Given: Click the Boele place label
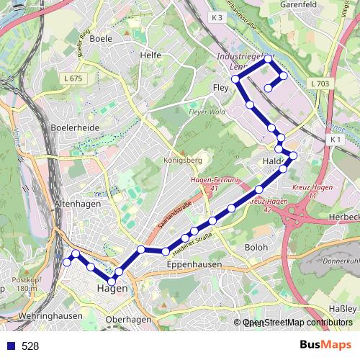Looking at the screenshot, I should [100, 39].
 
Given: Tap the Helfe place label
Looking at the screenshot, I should [150, 55].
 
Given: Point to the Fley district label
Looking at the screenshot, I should [220, 88].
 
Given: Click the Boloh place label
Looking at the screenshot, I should [256, 247].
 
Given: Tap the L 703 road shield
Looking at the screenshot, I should [321, 84].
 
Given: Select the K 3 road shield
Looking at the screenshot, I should [218, 16].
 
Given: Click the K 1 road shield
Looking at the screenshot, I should [335, 138].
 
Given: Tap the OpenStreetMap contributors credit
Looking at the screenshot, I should [297, 323].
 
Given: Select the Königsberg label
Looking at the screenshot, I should [181, 160].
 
